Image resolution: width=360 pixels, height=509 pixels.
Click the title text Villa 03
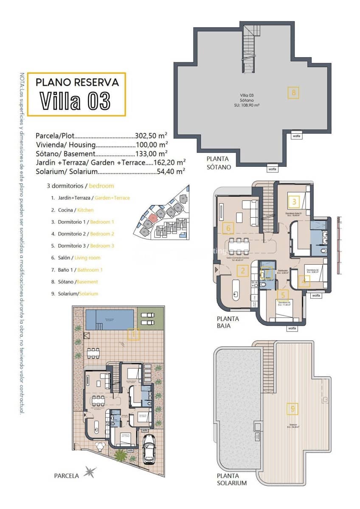(76, 101)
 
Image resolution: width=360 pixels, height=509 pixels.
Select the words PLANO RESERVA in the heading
(77, 82)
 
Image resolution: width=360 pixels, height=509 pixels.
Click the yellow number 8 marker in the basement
(293, 92)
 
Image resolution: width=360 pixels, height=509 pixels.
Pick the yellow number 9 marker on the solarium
(292, 409)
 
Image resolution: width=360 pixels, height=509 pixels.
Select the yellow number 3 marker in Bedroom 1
(294, 201)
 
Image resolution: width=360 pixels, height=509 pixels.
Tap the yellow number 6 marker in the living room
(228, 229)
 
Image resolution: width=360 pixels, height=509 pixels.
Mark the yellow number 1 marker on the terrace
(133, 334)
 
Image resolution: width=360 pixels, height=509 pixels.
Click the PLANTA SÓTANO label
(219, 163)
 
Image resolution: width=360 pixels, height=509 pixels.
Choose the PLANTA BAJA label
(228, 322)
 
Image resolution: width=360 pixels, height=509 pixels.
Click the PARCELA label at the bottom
(66, 475)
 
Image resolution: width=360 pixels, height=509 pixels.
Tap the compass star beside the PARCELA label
(90, 472)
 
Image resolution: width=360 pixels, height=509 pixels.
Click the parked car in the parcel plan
(149, 448)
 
